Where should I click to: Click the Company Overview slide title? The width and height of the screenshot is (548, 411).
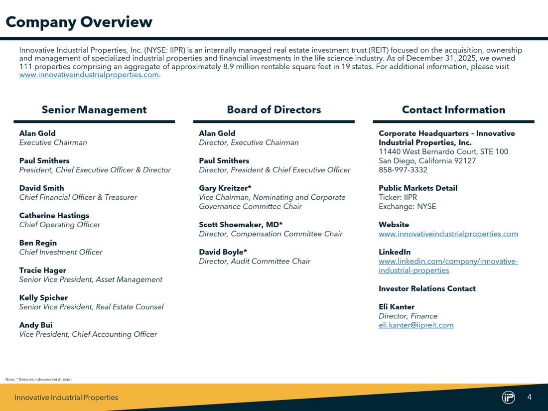[79, 22]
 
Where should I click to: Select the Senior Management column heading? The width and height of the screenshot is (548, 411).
[94, 110]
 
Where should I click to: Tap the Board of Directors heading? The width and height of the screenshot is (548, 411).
[274, 110]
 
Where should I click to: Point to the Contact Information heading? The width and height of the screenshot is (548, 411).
[453, 110]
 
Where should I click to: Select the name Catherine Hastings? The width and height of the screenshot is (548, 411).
[54, 216]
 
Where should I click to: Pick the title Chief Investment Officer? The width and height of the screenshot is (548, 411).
[61, 252]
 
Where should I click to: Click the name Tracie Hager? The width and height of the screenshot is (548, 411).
[42, 271]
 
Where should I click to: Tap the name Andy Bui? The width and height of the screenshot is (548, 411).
[36, 325]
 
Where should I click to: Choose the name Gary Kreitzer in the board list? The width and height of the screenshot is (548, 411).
[225, 188]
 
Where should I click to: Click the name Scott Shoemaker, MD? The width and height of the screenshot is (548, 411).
[241, 225]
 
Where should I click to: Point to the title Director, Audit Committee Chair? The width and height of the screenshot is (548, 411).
[255, 261]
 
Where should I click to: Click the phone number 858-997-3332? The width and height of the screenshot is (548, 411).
[403, 170]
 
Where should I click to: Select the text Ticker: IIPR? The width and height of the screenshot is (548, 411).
[398, 197]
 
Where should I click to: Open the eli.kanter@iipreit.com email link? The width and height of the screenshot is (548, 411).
[416, 325]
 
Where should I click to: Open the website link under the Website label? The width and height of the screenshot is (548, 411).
[448, 234]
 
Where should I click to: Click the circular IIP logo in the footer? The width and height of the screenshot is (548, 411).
[508, 397]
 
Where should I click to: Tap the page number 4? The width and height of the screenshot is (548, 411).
[530, 397]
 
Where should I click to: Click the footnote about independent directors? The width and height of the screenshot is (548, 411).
[39, 380]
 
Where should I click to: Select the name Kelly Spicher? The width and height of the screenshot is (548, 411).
[43, 298]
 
